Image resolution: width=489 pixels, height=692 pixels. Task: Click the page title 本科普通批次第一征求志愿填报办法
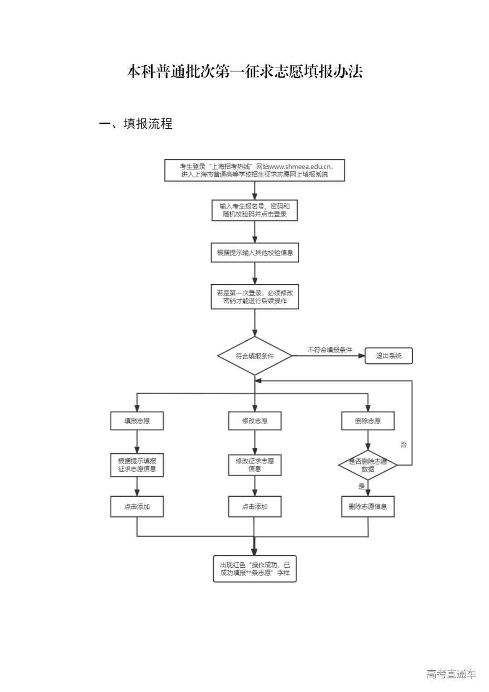coord(244,72)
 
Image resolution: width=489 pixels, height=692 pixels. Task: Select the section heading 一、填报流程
coord(136,124)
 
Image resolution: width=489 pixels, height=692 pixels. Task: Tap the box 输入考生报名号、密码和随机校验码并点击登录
coord(254,210)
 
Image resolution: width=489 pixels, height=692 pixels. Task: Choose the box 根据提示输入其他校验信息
coord(254,253)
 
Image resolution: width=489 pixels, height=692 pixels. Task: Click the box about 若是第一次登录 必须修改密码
coord(254,297)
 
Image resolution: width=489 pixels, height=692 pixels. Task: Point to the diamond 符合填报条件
coord(254,356)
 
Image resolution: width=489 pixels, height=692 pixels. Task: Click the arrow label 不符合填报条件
coord(330,350)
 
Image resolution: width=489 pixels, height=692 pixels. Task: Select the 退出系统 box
coord(388,356)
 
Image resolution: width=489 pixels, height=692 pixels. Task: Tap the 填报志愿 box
coord(137,421)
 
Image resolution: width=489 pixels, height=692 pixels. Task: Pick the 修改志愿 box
coord(254,421)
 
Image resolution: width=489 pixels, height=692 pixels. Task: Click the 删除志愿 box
coord(368,421)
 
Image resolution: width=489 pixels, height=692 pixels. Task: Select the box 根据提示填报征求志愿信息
coord(137,465)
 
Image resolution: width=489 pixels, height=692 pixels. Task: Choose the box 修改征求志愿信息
coord(254,465)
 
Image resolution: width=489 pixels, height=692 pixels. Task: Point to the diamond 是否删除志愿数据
coord(368,465)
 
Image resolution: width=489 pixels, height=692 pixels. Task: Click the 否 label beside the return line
coord(403,445)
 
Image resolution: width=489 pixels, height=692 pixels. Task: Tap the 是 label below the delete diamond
coord(361,487)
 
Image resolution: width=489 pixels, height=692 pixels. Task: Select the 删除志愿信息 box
coord(368,506)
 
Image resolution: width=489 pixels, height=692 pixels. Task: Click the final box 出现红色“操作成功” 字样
coord(254,569)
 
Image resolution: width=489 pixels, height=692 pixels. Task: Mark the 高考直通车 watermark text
coord(451,674)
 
